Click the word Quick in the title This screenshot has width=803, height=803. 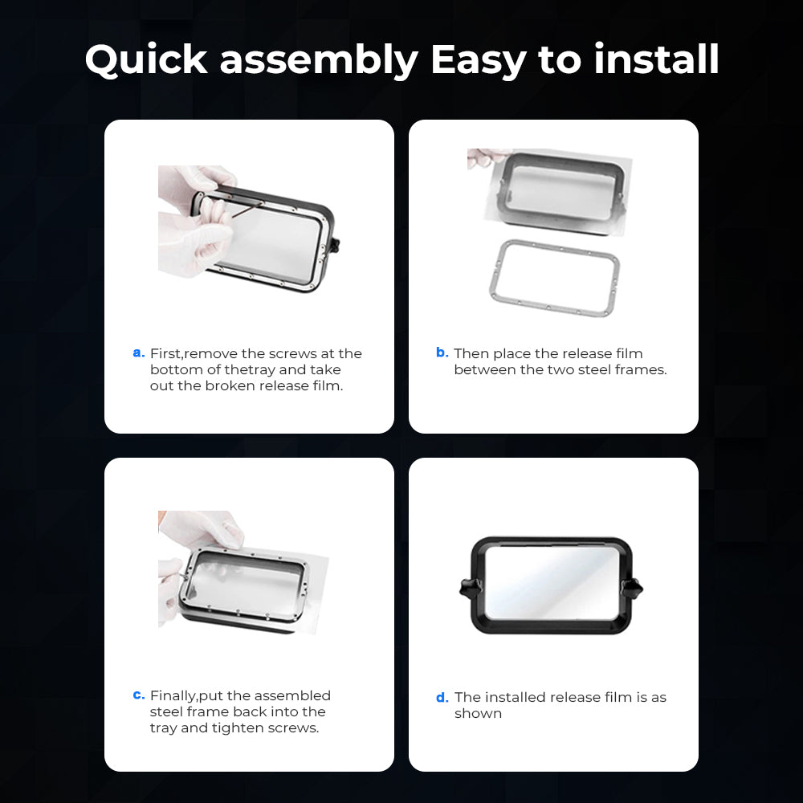(146, 60)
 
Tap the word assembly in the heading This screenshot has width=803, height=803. (319, 60)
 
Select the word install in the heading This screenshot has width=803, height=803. (657, 59)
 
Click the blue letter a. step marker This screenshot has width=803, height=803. (139, 353)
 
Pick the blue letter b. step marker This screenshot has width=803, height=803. (442, 352)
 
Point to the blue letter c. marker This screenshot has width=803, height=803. (139, 695)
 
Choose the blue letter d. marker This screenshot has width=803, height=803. (442, 697)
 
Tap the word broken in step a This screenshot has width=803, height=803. (226, 385)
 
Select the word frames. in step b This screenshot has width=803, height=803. (642, 369)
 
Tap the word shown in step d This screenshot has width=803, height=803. (478, 713)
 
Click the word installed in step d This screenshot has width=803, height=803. (516, 697)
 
